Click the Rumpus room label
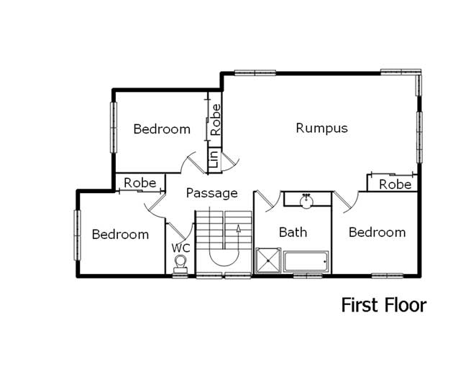coord(321,128)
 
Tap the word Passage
coord(211,193)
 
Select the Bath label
coord(293,232)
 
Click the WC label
coord(180,248)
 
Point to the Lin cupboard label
coord(214,159)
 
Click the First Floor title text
coord(383,305)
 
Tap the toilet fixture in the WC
coord(180,265)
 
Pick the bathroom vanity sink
coord(306,200)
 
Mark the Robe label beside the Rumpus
coord(395,184)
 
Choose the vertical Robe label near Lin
coord(215,120)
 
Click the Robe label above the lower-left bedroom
coord(139,183)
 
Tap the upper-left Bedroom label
coord(162,129)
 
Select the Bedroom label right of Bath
coord(377,232)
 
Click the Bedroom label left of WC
coord(120,234)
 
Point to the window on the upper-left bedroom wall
coord(113,126)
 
